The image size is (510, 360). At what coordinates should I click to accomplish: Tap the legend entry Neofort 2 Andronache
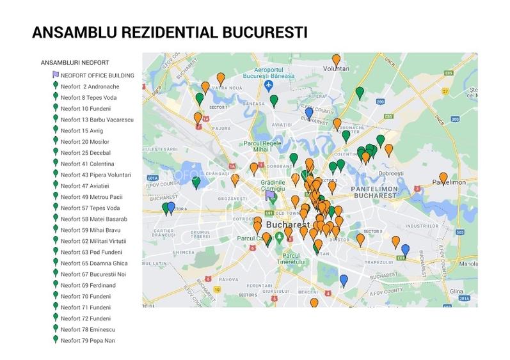coord(90,86)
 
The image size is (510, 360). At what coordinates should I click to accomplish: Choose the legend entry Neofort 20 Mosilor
coord(85,141)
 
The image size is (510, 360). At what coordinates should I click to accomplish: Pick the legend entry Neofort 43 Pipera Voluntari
coord(96,175)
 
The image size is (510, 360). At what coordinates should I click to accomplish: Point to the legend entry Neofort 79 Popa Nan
coord(88,340)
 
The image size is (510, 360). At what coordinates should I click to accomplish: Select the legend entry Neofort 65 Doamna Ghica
coord(94,263)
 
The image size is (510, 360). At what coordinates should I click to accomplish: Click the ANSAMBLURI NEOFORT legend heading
coord(75,63)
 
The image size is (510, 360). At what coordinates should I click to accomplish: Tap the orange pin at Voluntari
coord(336,60)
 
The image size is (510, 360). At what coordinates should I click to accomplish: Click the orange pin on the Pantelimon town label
coord(443,178)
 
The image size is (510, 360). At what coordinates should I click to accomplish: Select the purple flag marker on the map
coord(269,196)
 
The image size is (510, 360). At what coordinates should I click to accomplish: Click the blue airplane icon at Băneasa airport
coord(269,85)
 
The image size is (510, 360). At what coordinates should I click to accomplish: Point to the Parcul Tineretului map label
coord(297,258)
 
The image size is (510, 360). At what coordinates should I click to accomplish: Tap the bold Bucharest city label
coord(287,226)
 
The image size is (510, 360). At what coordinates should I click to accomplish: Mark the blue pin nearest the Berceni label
coord(344,280)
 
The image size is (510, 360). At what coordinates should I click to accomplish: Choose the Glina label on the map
coord(456,290)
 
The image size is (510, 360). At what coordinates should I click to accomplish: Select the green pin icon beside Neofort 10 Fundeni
coord(56,108)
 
